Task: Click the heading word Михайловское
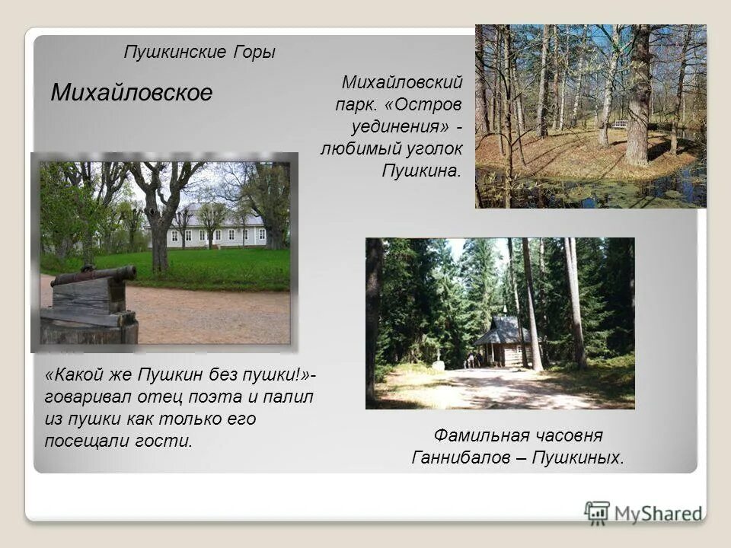click(131, 93)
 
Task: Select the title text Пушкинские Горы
click(199, 53)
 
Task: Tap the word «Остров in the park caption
click(426, 102)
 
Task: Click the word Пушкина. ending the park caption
click(421, 170)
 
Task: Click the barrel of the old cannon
click(94, 275)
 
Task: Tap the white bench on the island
click(620, 123)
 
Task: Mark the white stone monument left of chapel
click(439, 365)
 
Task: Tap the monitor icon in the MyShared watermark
click(598, 512)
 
